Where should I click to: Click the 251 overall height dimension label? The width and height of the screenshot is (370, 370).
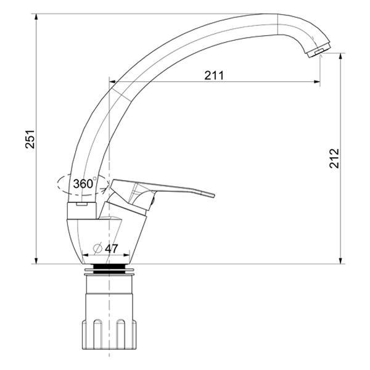click(x=30, y=139)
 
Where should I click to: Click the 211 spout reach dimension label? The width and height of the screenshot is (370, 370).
click(x=214, y=75)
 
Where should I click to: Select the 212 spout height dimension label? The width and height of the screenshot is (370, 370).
click(x=334, y=158)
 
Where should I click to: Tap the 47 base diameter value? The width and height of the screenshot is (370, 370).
click(x=111, y=249)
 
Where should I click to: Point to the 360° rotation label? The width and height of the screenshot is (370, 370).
click(x=84, y=184)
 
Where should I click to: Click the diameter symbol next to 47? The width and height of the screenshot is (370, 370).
click(x=97, y=249)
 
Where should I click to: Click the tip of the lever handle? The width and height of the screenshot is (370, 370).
click(x=214, y=195)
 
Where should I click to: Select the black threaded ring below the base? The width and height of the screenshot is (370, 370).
click(x=109, y=269)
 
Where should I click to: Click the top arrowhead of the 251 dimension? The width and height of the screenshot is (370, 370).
click(x=36, y=17)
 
